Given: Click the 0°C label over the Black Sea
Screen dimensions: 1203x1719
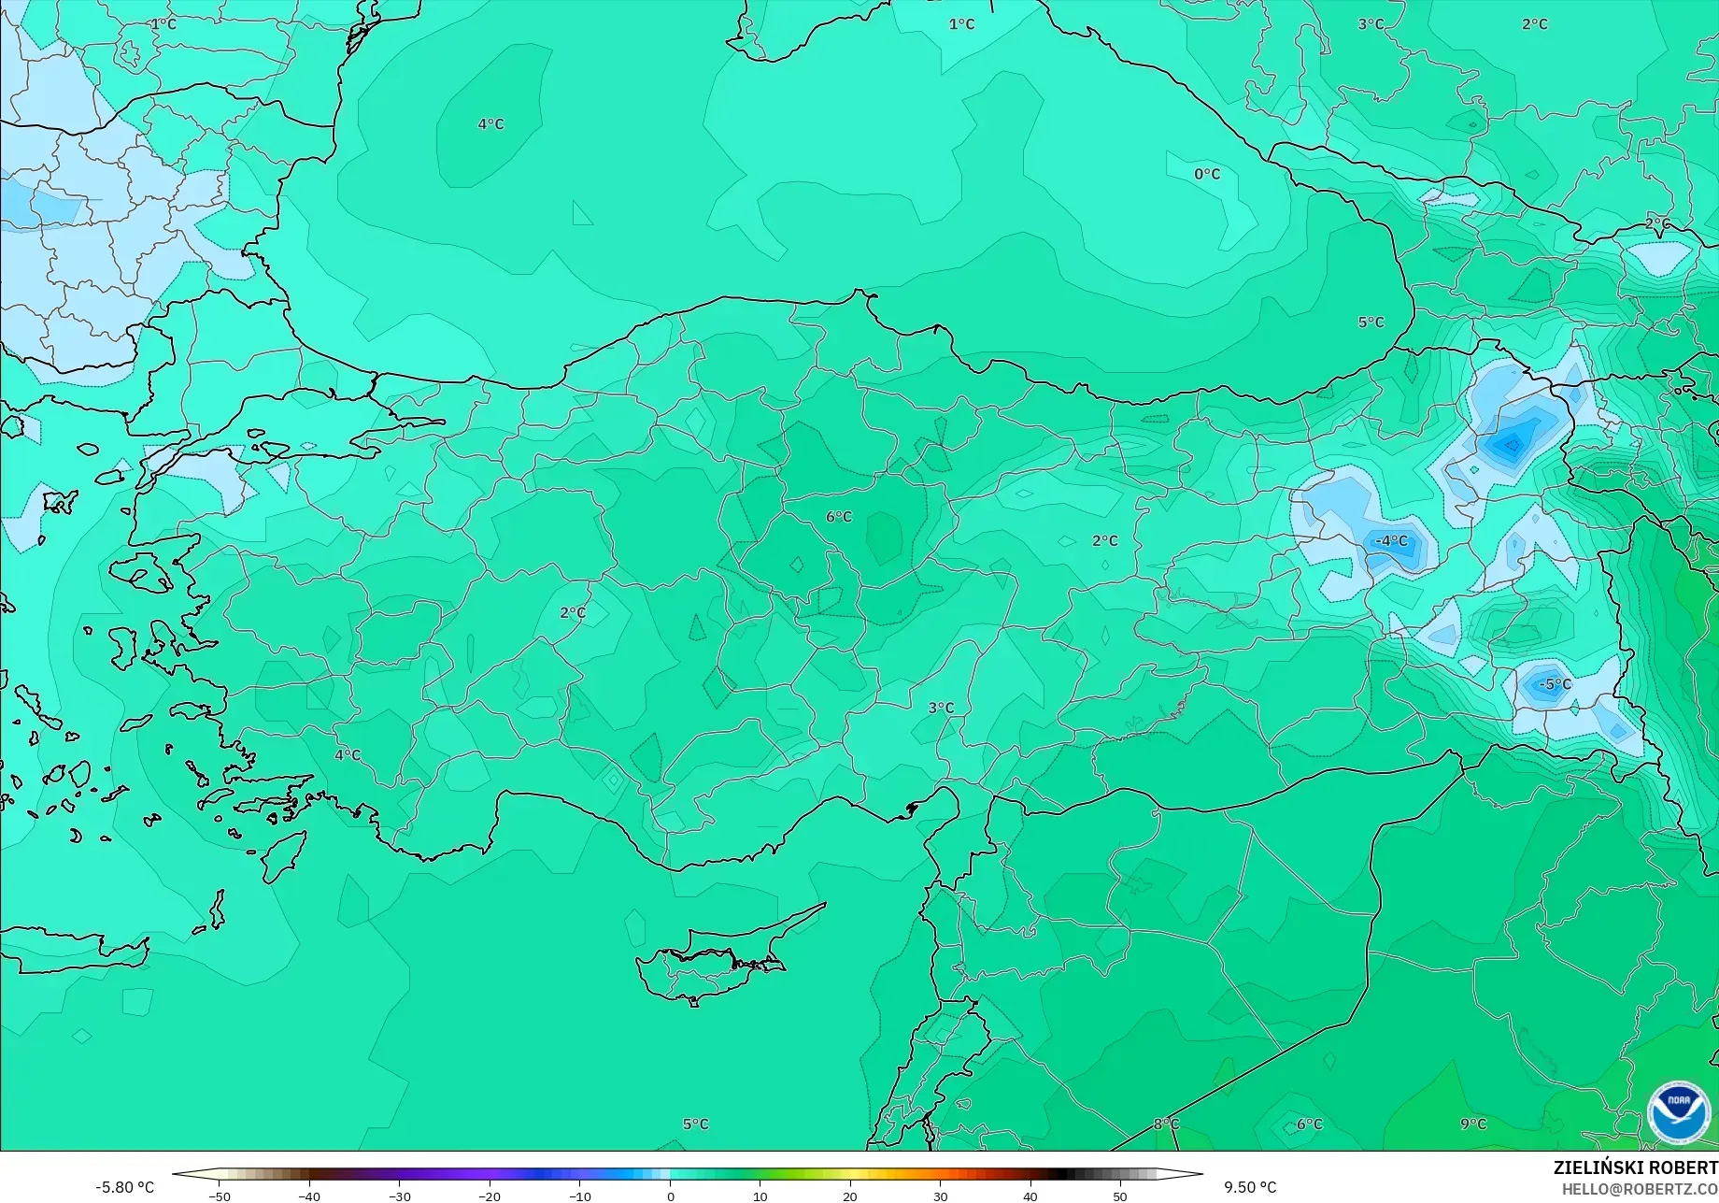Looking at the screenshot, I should (1207, 174).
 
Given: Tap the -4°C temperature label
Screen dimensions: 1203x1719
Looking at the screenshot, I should (1391, 540).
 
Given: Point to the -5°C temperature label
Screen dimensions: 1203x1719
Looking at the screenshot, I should (1554, 684).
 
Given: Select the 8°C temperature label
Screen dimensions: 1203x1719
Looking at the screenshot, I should (1166, 1124).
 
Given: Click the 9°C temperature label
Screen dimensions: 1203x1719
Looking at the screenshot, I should (1473, 1124).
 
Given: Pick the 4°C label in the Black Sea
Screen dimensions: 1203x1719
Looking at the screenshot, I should (490, 124).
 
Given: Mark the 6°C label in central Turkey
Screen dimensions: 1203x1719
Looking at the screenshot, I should (839, 517).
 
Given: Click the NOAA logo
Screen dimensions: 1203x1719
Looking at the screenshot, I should (1679, 1113).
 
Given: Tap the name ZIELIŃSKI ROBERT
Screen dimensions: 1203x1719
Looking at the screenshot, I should (1635, 1167).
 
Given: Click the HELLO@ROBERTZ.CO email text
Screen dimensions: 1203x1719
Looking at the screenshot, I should (1640, 1188).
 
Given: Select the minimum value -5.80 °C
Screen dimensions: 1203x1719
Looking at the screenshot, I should (124, 1187).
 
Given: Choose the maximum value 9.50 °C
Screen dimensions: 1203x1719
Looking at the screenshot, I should (1250, 1187).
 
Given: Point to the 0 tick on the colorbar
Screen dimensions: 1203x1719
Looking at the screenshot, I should (670, 1196).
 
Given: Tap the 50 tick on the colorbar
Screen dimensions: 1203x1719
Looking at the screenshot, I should (1120, 1196).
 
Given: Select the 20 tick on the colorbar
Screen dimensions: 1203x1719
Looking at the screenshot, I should (850, 1196).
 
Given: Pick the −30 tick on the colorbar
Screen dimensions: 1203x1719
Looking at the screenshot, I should (399, 1196).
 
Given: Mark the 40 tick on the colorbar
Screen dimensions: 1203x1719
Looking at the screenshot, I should (1030, 1196).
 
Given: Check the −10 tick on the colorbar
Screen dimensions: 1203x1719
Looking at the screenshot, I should (579, 1196).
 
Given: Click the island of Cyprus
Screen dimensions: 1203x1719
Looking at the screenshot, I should (710, 963).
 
